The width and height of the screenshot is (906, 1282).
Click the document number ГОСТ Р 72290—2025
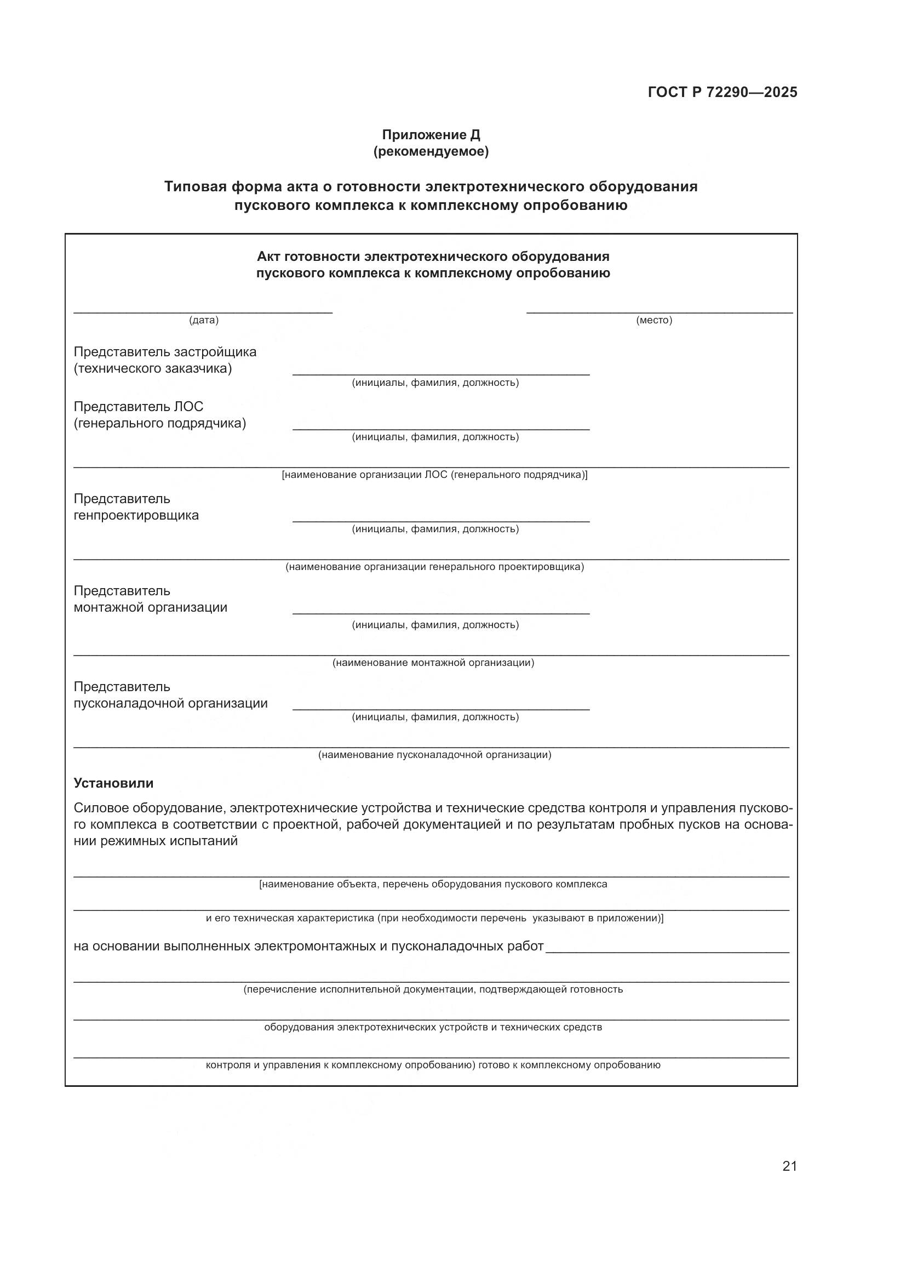point(722,92)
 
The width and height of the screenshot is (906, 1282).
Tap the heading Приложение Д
point(431,135)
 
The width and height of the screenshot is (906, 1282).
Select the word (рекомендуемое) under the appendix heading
point(431,151)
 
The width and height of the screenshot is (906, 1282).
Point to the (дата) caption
point(204,320)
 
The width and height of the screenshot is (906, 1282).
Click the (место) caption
point(654,320)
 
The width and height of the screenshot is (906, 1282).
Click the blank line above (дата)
point(203,312)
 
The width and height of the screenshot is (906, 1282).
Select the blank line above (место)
point(660,312)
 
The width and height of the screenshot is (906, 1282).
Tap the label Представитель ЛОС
point(139,407)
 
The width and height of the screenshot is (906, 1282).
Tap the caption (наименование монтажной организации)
point(433,663)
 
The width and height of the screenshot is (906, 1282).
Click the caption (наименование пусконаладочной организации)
point(434,755)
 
